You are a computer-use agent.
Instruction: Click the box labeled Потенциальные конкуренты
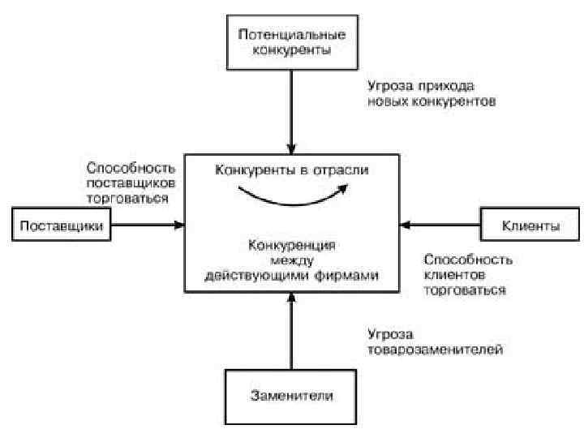coord(291,43)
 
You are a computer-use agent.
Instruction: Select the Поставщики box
coord(62,226)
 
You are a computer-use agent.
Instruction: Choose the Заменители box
coord(291,397)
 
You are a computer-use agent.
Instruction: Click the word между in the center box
coord(291,261)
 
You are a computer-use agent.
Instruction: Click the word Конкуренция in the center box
coord(291,245)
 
